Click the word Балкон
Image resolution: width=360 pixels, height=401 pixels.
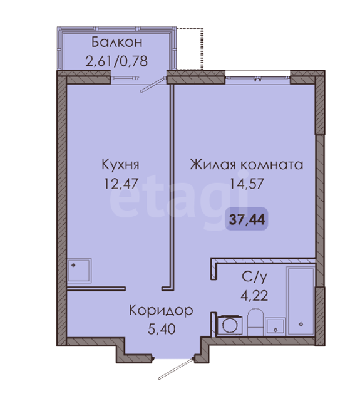click(x=116, y=42)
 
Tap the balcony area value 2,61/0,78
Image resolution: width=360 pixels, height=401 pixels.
click(x=116, y=61)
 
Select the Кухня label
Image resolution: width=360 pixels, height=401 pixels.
click(x=120, y=165)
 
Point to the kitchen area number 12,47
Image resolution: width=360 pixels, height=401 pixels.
click(x=121, y=184)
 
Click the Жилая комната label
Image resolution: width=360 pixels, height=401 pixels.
click(x=246, y=165)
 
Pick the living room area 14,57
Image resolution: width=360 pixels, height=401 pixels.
click(x=247, y=184)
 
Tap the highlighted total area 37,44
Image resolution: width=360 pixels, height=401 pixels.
click(x=247, y=219)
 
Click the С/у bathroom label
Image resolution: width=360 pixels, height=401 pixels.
click(x=254, y=277)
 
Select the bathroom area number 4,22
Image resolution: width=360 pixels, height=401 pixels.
click(x=254, y=296)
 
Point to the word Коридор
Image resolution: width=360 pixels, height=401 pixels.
click(x=161, y=311)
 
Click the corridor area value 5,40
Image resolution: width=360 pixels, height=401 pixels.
click(x=162, y=329)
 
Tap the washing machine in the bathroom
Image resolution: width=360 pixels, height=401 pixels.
click(x=229, y=325)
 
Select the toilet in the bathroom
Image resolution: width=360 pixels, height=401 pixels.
click(x=255, y=322)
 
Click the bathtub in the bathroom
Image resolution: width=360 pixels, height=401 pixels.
click(x=301, y=301)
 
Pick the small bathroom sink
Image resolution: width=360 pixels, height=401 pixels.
click(x=275, y=326)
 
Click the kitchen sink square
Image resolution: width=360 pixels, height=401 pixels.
click(x=80, y=271)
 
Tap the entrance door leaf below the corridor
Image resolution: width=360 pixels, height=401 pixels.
click(x=176, y=368)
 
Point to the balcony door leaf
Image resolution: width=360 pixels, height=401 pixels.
click(x=153, y=85)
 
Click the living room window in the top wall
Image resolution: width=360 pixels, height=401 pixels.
click(x=257, y=77)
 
